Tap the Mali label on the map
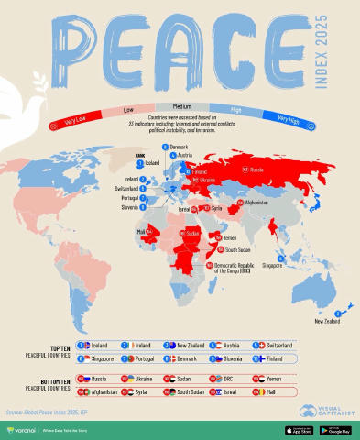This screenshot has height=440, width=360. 139,232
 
